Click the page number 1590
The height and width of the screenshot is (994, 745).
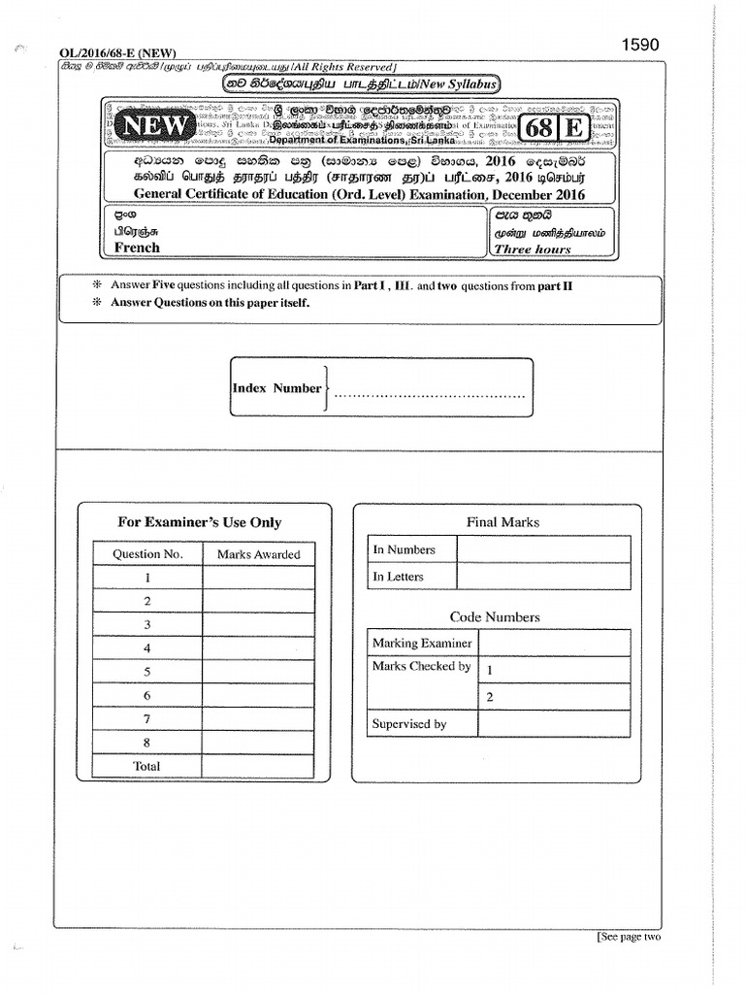point(640,45)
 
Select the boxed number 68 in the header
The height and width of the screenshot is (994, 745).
point(539,128)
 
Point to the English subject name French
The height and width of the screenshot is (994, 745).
point(137,248)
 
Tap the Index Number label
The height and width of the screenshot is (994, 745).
point(276,388)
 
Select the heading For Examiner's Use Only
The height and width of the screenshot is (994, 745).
point(199,522)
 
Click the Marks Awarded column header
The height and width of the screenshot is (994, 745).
point(258,554)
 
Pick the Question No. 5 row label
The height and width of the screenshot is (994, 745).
point(147,672)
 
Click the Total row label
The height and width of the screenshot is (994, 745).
point(147,766)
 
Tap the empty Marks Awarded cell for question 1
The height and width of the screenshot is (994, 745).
point(258,578)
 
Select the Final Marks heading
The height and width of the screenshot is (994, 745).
point(502,522)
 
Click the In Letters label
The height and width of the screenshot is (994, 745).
point(399,577)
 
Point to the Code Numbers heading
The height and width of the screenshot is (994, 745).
point(495,617)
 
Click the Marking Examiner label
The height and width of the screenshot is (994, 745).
point(422,643)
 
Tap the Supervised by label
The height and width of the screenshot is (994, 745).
point(409,724)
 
